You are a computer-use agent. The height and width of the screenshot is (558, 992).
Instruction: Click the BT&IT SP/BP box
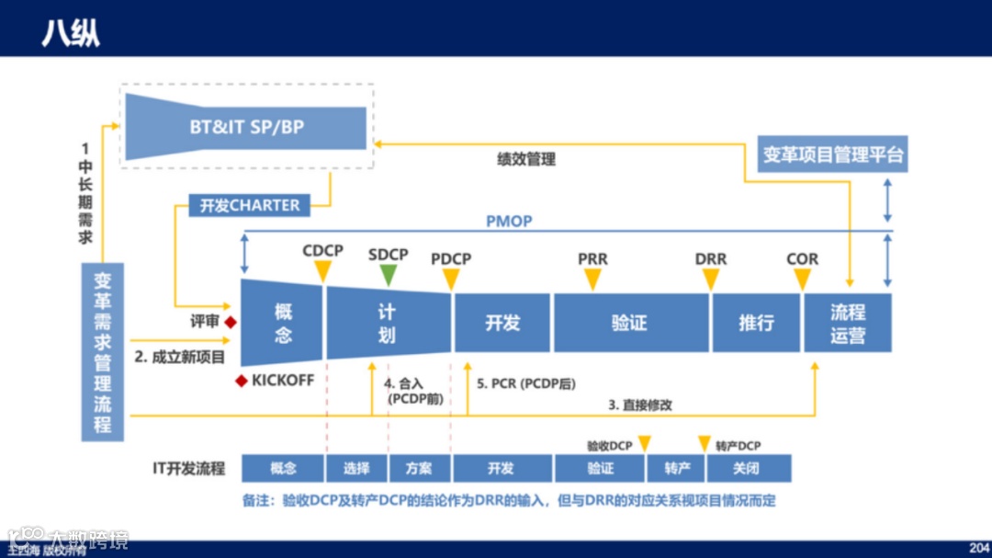pyautogui.click(x=246, y=127)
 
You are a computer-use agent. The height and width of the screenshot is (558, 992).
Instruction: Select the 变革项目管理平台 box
pyautogui.click(x=832, y=154)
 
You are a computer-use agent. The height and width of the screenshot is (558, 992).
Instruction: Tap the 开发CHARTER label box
pyautogui.click(x=250, y=205)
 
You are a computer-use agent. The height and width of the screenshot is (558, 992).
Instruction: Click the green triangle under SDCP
pyautogui.click(x=389, y=274)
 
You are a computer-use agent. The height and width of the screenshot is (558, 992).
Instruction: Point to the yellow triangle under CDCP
pyautogui.click(x=322, y=271)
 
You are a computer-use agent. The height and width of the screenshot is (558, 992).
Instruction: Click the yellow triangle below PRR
pyautogui.click(x=592, y=279)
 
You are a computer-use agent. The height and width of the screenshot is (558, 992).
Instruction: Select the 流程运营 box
pyautogui.click(x=847, y=323)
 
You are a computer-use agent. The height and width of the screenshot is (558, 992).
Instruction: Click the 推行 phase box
pyautogui.click(x=755, y=323)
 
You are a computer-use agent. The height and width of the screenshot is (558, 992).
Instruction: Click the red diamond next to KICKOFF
pyautogui.click(x=242, y=380)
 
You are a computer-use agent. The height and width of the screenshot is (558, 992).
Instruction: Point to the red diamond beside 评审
pyautogui.click(x=231, y=322)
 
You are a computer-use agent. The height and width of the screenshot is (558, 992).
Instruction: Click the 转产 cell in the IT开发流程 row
pyautogui.click(x=676, y=469)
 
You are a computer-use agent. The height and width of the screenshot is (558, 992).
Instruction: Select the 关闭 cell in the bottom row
pyautogui.click(x=747, y=469)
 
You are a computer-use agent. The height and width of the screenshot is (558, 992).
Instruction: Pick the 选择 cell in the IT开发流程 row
pyautogui.click(x=356, y=469)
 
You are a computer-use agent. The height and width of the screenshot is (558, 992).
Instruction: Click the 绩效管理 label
pyautogui.click(x=525, y=159)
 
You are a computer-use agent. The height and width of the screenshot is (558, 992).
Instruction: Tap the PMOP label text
pyautogui.click(x=509, y=222)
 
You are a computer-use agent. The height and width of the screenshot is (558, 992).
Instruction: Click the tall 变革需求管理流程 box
pyautogui.click(x=103, y=352)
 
